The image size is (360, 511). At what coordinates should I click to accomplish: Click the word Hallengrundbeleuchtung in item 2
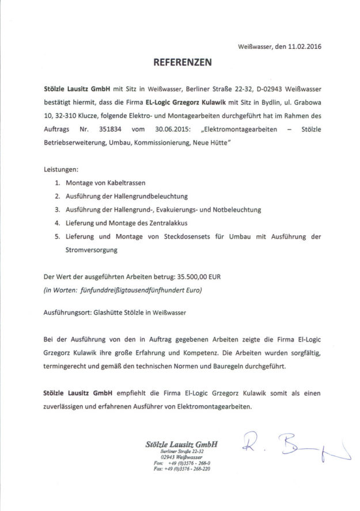click(151, 196)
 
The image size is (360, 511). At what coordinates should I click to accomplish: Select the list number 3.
click(58, 209)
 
